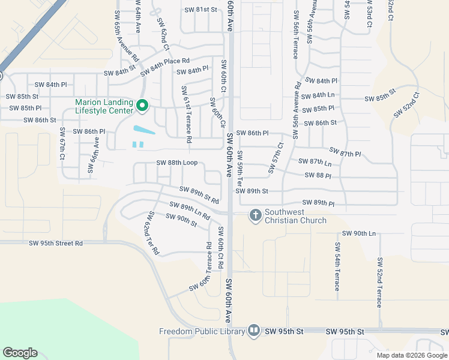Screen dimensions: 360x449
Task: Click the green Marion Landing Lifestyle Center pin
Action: pos(142,106)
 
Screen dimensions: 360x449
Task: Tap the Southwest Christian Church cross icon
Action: pos(255,215)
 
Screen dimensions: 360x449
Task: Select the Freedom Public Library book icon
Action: pos(254,331)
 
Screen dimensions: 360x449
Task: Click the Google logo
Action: pos(20,353)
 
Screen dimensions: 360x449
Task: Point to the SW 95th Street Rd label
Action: pos(56,243)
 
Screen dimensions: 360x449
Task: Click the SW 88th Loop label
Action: pos(176,163)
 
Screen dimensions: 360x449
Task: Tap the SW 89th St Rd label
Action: pos(199,194)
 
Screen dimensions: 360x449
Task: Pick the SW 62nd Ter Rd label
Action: pos(150,233)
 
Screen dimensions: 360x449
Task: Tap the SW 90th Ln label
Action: pos(358,233)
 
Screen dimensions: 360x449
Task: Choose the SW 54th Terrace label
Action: pos(337,266)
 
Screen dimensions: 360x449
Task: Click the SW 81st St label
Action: pos(200,10)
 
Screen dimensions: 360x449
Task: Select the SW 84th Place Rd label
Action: pos(165,67)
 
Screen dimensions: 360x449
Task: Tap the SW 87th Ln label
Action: pos(314,162)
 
